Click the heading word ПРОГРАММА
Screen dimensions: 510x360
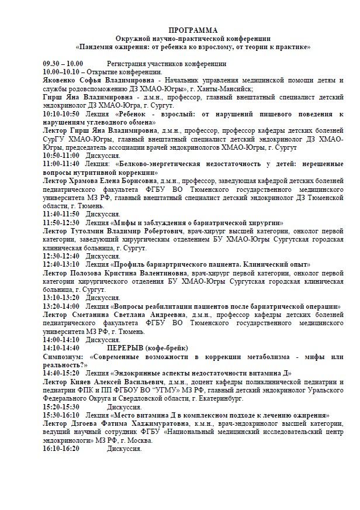[x=193, y=30]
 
